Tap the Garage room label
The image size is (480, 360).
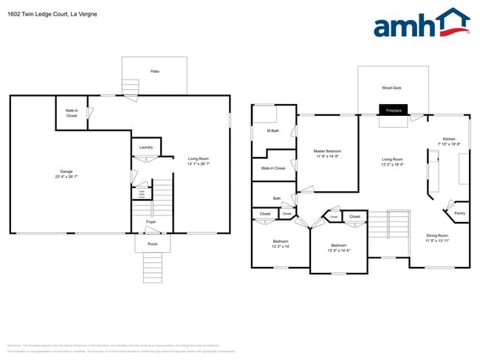[66, 171]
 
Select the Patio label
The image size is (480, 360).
[155, 72]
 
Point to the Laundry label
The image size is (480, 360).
[146, 148]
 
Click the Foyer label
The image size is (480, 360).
[151, 221]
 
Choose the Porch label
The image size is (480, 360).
[153, 243]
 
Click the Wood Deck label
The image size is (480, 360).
[392, 87]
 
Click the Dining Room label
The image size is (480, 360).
[437, 235]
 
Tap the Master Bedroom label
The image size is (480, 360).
[327, 151]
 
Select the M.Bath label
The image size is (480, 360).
[272, 131]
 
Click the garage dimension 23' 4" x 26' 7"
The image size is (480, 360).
[66, 177]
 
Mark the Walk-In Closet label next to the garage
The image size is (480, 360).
[72, 114]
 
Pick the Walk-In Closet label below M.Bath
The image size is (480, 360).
[273, 168]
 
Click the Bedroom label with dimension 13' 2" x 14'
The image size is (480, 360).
[281, 241]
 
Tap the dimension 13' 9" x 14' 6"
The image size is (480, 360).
[338, 251]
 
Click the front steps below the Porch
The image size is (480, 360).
[152, 263]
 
